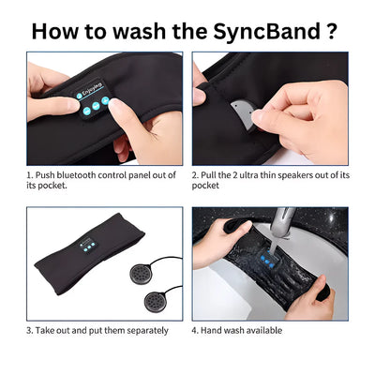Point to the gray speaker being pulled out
point(242,113)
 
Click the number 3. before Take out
point(30,330)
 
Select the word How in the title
point(59,30)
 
